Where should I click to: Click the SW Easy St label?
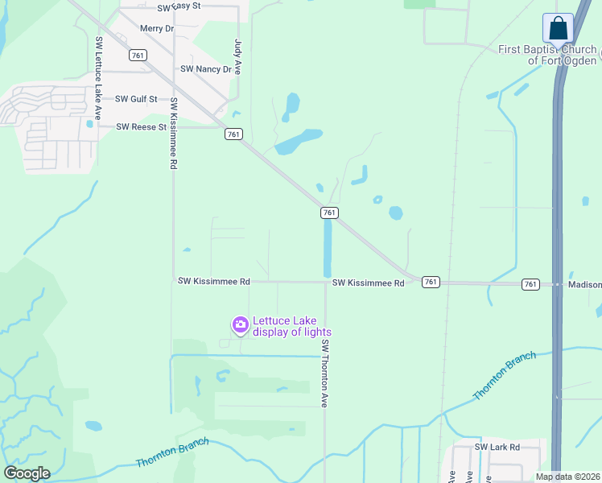click(x=179, y=7)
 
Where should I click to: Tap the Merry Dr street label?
click(x=156, y=29)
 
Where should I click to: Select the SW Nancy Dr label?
click(x=206, y=69)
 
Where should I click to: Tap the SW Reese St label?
click(x=141, y=127)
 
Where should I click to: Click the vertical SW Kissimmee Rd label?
click(x=172, y=134)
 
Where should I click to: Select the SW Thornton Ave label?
click(x=325, y=372)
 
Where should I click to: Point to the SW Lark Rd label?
click(x=497, y=447)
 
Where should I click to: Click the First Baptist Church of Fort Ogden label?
click(x=547, y=55)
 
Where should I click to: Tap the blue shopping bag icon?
click(x=558, y=28)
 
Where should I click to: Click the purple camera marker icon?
click(x=240, y=325)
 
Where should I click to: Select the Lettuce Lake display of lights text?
click(x=291, y=326)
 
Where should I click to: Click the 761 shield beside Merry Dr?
click(x=138, y=55)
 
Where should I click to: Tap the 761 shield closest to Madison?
click(x=530, y=283)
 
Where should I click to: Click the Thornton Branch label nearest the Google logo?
click(x=172, y=452)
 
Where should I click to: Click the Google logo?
click(x=27, y=473)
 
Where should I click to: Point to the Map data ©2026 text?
click(x=568, y=477)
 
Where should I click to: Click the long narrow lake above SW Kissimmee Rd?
click(x=328, y=248)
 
